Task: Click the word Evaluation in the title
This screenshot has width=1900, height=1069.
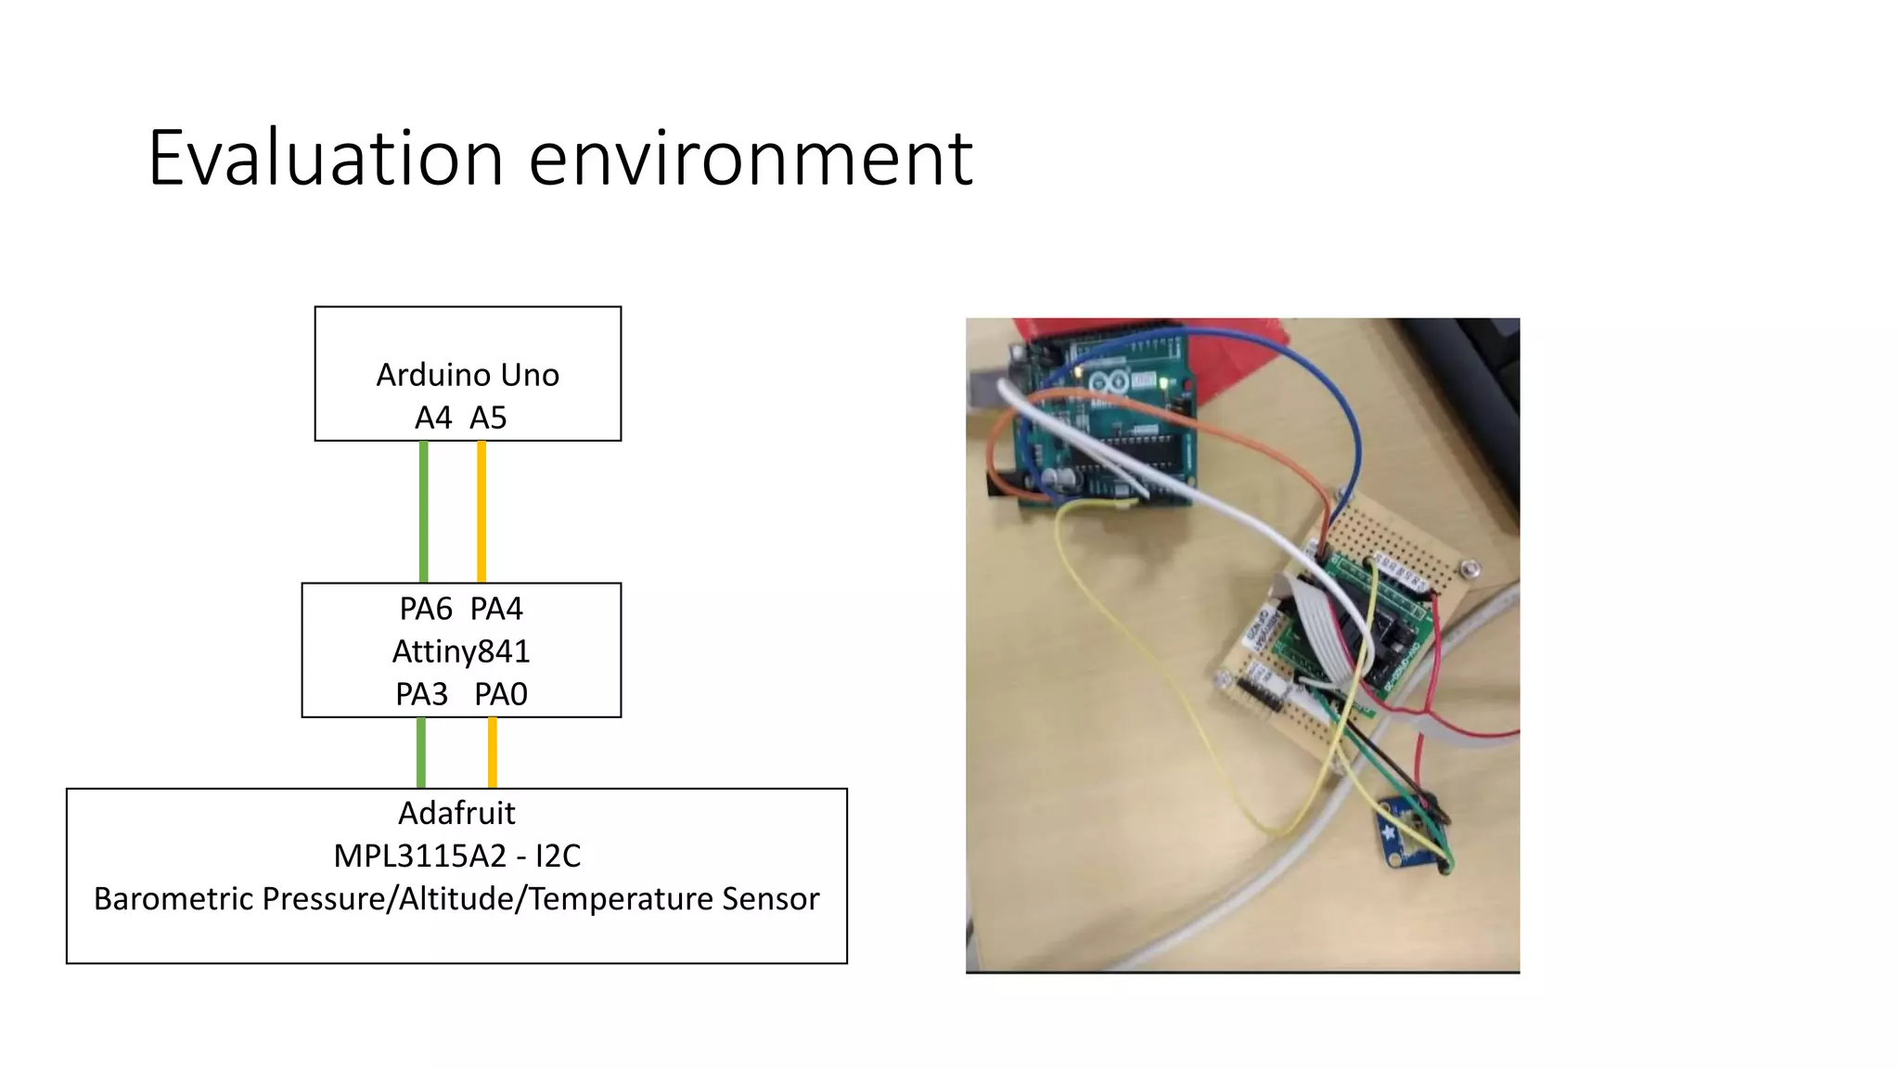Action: [x=326, y=159]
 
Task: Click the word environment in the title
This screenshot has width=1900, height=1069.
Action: [x=751, y=159]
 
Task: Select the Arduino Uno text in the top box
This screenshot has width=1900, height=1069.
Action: [x=468, y=375]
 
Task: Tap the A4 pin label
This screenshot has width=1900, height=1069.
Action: [x=433, y=419]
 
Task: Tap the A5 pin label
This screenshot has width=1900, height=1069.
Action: [x=488, y=419]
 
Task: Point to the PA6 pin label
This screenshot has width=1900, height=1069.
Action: [x=426, y=610]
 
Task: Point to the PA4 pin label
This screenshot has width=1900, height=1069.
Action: [x=496, y=610]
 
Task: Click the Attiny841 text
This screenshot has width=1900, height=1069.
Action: [x=461, y=651]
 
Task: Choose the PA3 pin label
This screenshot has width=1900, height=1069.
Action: [x=422, y=695]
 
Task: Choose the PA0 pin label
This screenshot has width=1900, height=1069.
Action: [x=501, y=695]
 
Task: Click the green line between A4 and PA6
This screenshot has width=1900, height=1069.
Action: [x=424, y=511]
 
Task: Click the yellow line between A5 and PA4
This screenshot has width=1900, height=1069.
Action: [x=481, y=511]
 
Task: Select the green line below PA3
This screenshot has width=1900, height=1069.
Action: [x=421, y=753]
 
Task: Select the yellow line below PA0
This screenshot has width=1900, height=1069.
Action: [x=493, y=753]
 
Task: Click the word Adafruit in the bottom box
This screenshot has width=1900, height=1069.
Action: [x=456, y=814]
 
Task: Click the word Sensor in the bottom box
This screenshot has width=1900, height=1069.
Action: [x=771, y=899]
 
